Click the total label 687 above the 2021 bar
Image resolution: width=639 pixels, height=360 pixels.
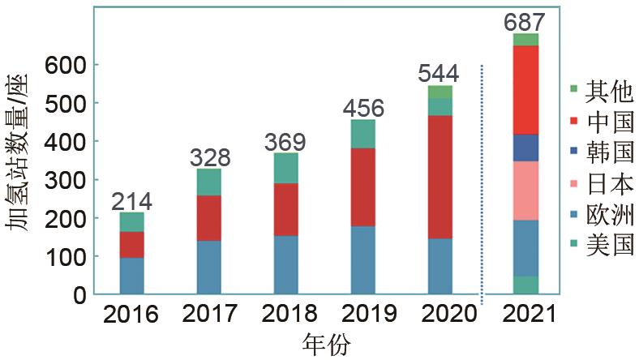click(525, 21)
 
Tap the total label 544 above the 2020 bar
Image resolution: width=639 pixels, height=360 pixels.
click(439, 74)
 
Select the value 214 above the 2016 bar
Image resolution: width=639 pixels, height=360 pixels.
click(131, 201)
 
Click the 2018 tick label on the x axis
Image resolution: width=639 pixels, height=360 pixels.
click(285, 315)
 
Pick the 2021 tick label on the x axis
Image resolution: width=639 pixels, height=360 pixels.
click(525, 315)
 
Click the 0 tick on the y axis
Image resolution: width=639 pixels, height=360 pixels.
click(79, 294)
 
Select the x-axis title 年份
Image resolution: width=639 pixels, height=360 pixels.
click(325, 345)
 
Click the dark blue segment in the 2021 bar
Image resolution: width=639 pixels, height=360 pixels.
click(525, 148)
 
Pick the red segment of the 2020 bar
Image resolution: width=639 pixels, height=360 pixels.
click(439, 177)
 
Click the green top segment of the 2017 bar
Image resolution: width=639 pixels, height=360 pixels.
click(208, 182)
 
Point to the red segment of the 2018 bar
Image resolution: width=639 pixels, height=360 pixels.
click(285, 209)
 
